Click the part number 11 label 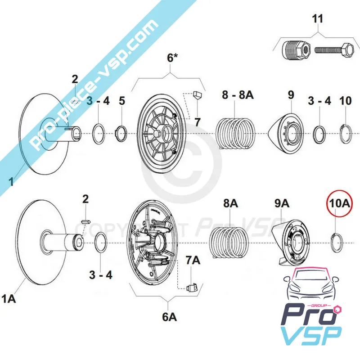pos(318,19)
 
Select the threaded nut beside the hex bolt pos(296,49)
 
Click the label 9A pos(282,203)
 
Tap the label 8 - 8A pos(238,94)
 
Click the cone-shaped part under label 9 pos(286,134)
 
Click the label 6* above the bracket pos(172,58)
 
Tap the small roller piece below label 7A pos(192,288)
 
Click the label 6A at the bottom pos(170,317)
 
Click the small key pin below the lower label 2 pos(86,221)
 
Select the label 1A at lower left pos(9,299)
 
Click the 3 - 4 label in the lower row pos(100,275)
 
